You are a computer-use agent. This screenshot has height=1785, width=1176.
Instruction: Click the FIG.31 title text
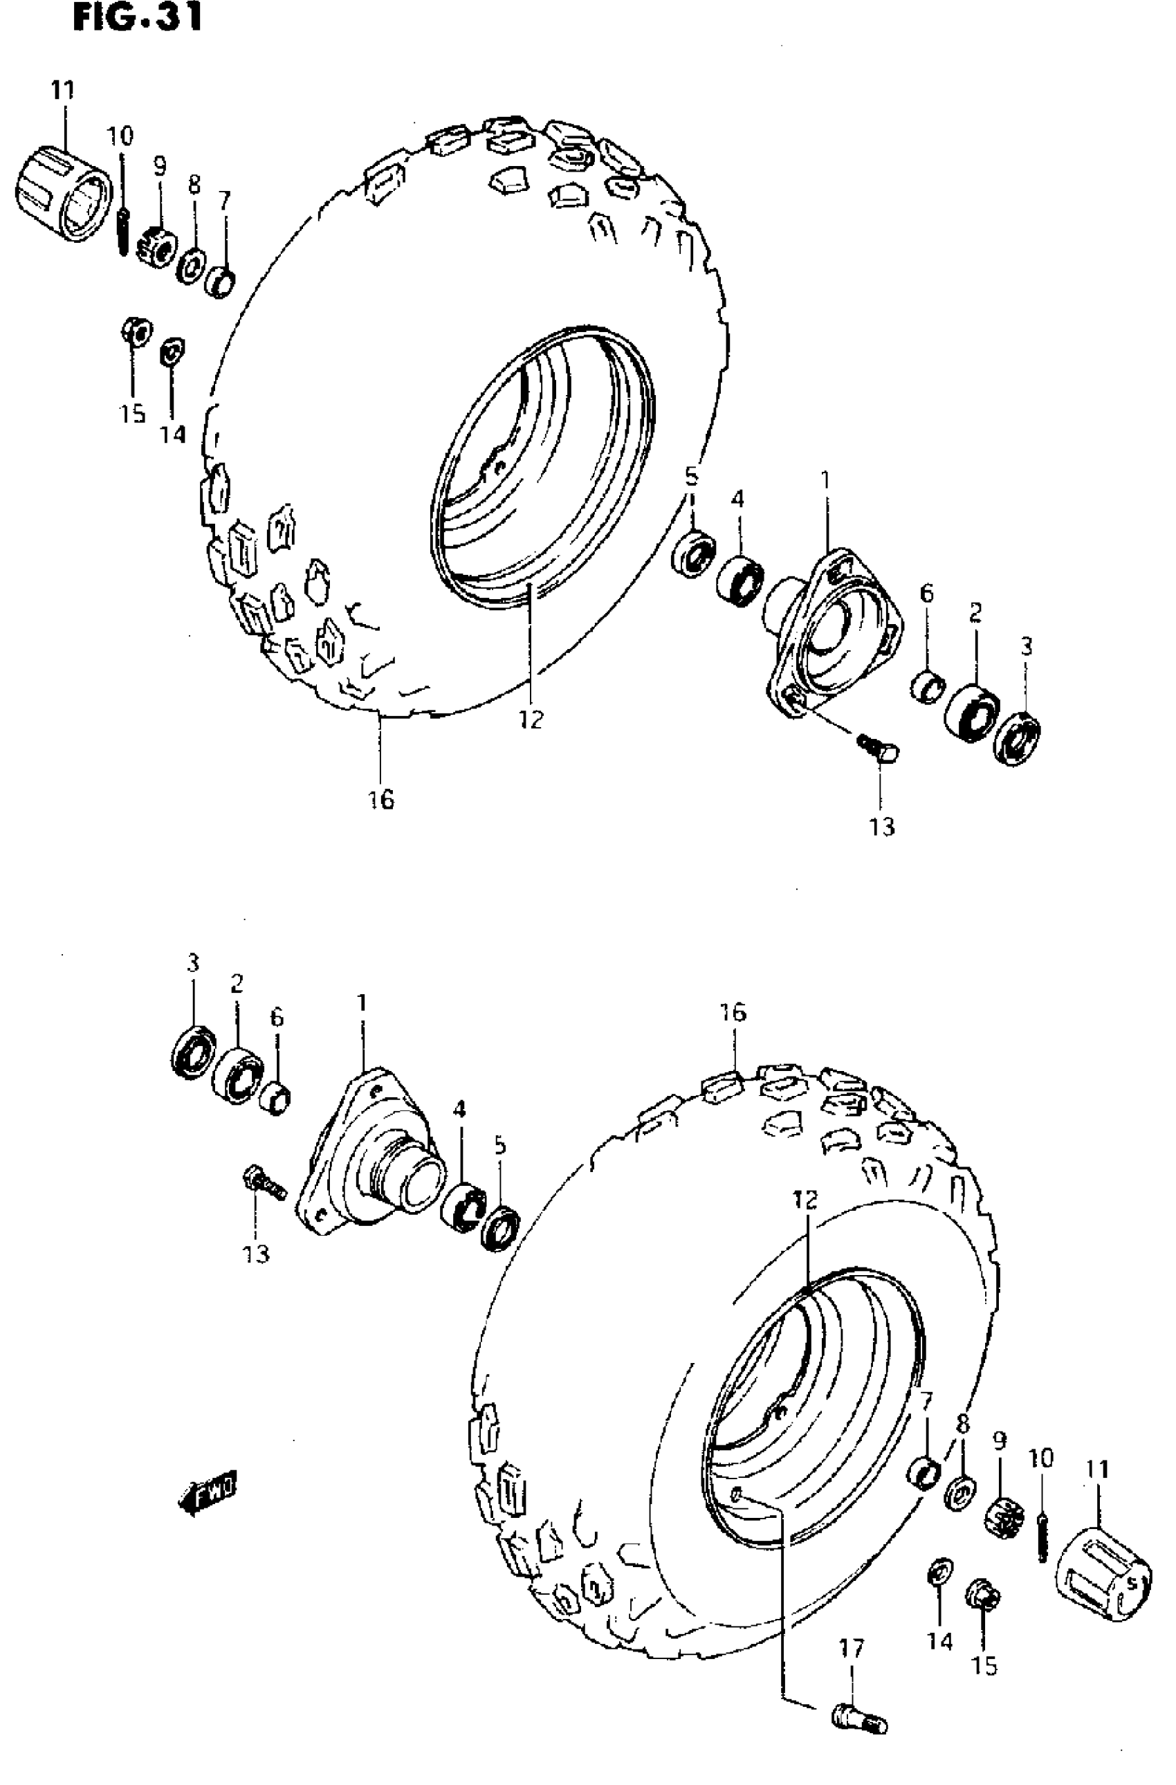137,18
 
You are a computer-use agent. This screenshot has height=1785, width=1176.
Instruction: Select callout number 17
852,1648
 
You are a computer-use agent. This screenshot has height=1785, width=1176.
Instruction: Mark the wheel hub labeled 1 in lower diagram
367,1148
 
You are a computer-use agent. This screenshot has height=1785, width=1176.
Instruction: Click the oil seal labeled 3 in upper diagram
1017,740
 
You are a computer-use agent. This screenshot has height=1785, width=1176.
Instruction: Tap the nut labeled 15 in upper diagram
136,332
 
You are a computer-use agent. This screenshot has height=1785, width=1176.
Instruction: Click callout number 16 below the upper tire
381,800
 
